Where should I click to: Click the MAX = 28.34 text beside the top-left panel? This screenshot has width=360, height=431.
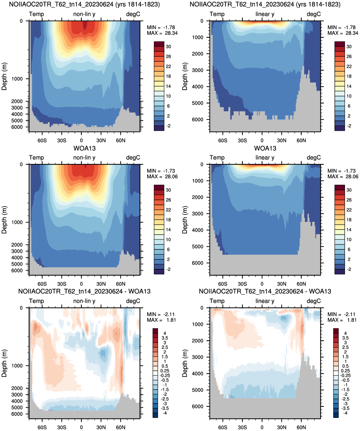162,33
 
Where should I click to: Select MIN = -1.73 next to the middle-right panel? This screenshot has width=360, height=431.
342,171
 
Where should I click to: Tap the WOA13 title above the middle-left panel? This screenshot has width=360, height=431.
84,148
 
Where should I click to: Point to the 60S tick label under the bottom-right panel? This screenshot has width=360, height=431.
223,427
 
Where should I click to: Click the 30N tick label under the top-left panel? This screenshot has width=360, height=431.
101,140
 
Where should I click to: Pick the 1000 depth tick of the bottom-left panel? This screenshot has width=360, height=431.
17,365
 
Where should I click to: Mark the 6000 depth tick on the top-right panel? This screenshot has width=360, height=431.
198,119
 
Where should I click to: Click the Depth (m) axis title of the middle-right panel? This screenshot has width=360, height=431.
184,220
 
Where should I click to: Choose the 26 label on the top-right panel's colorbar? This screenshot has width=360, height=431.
349,56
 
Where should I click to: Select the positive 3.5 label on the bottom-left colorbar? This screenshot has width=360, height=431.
165,338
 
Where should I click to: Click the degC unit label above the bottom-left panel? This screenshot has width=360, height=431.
133,301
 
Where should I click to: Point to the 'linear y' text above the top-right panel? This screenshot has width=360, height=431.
265,14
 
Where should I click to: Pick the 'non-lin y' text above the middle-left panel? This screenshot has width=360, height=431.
84,158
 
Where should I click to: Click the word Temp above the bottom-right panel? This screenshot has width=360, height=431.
217,301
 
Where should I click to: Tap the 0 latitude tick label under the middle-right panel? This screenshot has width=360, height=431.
262,284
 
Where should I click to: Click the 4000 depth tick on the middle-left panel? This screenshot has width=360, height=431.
17,258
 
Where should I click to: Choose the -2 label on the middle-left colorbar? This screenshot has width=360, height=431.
169,269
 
